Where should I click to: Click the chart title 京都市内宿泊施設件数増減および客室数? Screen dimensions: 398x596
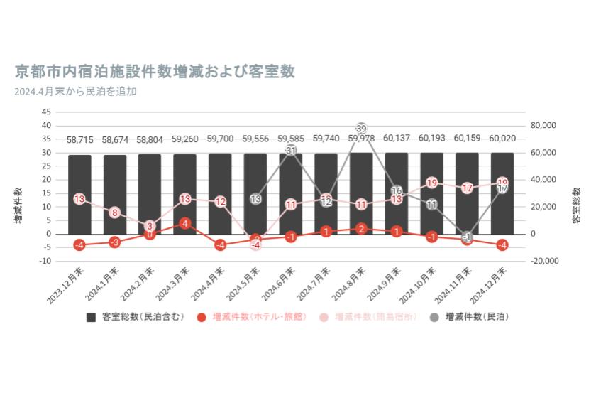click(155, 72)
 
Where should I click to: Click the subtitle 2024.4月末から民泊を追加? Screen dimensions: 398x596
click(74, 91)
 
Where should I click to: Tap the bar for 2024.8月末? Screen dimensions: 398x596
click(361, 193)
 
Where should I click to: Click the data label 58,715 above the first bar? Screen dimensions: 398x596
click(79, 140)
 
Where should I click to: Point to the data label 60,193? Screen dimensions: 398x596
click(431, 138)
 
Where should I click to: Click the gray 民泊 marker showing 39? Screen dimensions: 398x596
click(361, 129)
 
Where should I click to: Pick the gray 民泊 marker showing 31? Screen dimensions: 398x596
click(291, 151)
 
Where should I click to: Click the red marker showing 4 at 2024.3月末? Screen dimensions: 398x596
click(185, 223)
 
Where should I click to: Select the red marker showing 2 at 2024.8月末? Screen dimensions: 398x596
click(361, 229)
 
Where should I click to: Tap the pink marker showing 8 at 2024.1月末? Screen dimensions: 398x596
click(115, 213)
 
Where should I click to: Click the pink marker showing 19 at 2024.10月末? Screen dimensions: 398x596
click(431, 183)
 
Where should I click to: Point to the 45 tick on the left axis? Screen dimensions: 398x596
click(46, 112)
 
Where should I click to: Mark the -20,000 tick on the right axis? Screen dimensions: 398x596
click(546, 261)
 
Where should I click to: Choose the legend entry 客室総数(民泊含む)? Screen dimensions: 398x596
click(131, 317)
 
